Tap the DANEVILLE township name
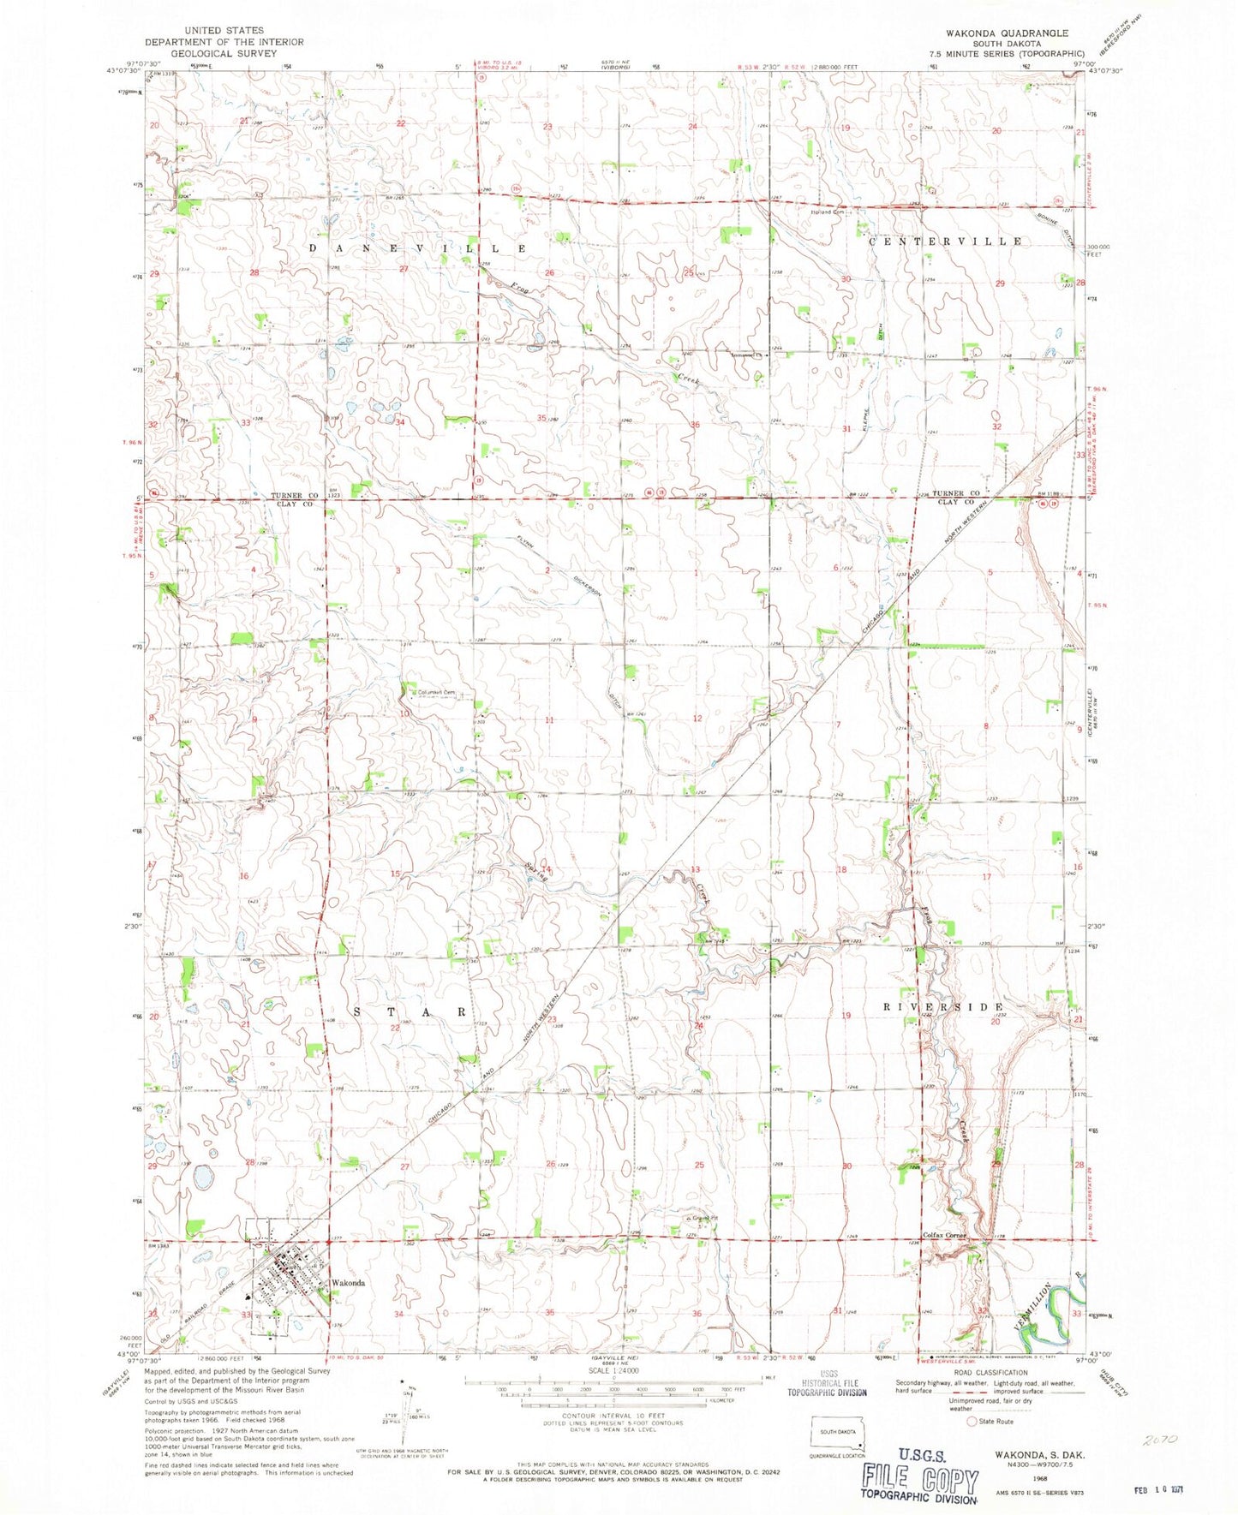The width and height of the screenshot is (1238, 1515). click(x=417, y=248)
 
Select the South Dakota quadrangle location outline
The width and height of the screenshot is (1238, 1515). click(x=838, y=1433)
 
